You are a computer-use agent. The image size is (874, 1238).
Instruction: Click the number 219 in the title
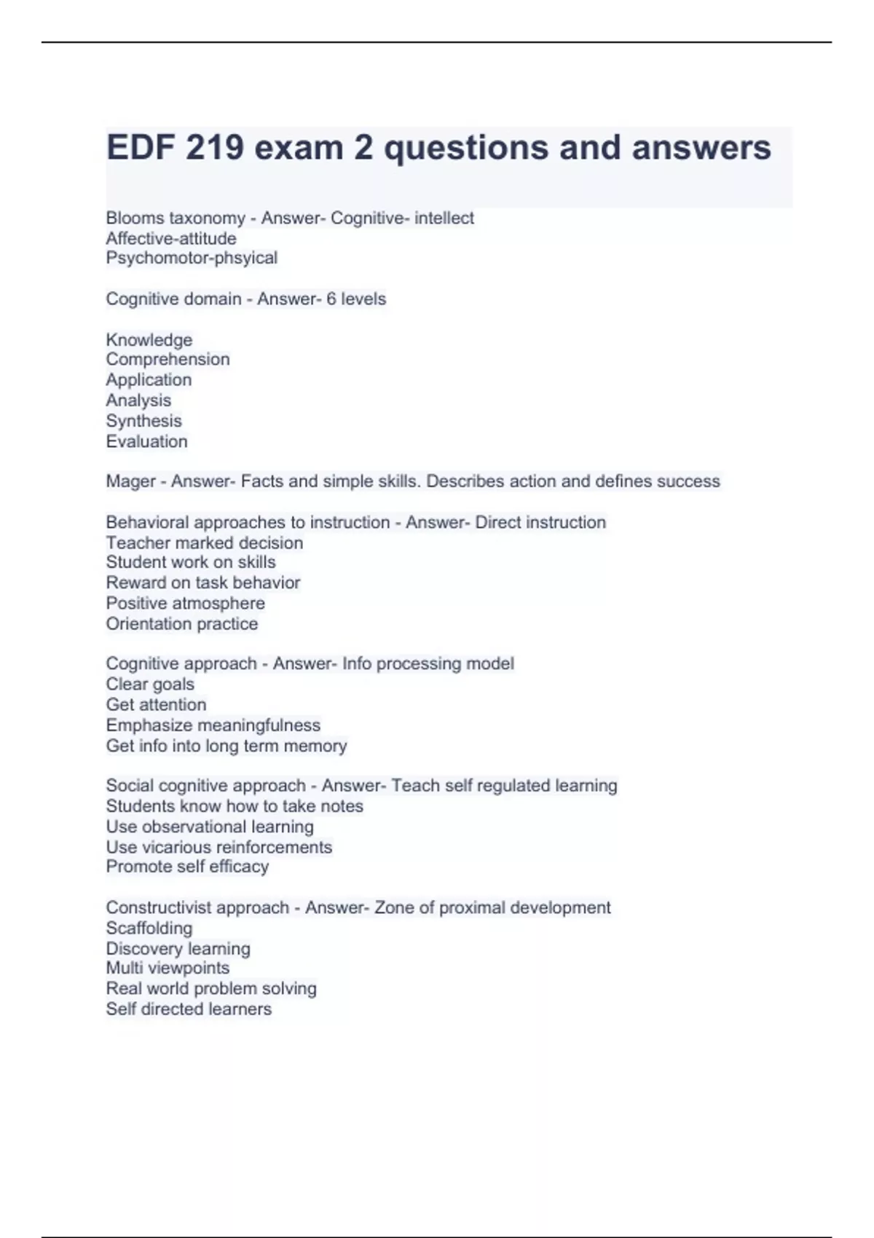(x=214, y=148)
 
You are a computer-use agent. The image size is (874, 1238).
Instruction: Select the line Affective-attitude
(x=171, y=238)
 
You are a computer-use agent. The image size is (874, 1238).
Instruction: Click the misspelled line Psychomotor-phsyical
(x=192, y=258)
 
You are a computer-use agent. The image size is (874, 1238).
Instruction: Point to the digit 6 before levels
(x=331, y=299)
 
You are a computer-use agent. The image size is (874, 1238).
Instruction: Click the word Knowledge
(x=149, y=339)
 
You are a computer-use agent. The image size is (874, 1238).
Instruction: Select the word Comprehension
(x=168, y=359)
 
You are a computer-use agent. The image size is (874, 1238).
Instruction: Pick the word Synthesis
(x=143, y=420)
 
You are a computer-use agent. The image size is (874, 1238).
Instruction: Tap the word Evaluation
(x=146, y=441)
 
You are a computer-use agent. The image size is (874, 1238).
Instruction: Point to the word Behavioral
(x=147, y=522)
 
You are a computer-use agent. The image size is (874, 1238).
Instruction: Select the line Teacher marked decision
(x=204, y=543)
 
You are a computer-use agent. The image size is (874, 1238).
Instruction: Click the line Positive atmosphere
(x=185, y=603)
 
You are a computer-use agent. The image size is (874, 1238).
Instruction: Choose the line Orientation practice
(x=181, y=623)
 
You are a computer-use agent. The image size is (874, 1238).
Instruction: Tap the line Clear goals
(x=150, y=684)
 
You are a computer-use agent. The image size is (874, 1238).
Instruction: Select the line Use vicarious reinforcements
(x=219, y=847)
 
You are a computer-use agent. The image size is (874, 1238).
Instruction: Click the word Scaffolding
(x=149, y=928)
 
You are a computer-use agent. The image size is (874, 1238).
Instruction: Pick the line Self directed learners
(x=189, y=1009)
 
